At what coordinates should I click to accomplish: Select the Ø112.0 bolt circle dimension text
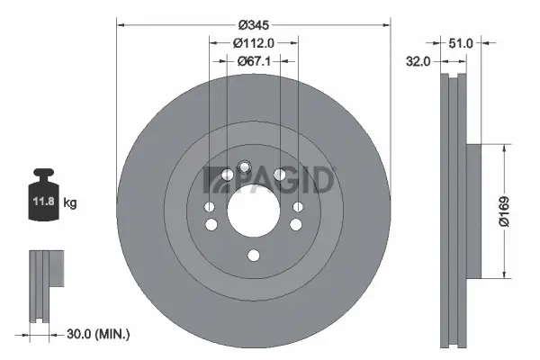pos(253,41)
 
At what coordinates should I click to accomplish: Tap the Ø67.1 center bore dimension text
pos(253,61)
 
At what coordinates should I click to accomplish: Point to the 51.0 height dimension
pos(461,41)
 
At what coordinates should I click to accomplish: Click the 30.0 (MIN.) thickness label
pos(99,335)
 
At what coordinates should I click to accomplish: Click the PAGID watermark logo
pos(270,179)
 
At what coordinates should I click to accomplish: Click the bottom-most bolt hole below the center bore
pos(253,256)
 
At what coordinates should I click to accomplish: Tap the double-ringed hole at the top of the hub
pos(245,166)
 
